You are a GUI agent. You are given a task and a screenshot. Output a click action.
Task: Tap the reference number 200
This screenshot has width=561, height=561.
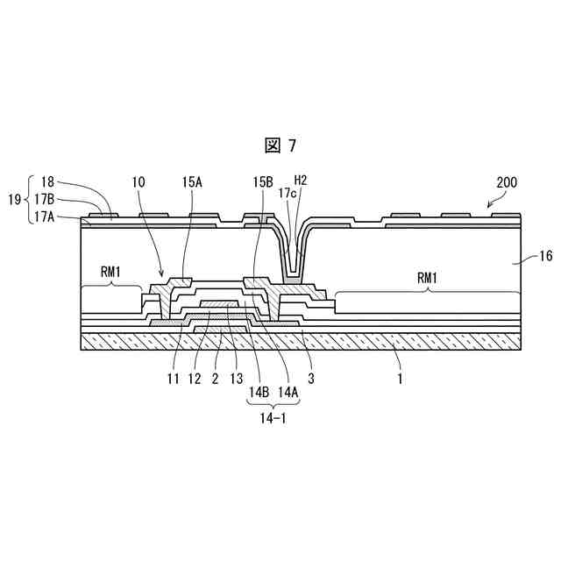pyautogui.click(x=506, y=183)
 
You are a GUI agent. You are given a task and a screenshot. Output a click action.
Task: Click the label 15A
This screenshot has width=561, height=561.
pyautogui.click(x=192, y=182)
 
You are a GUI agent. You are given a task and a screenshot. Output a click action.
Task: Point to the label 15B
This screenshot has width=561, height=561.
pyautogui.click(x=263, y=182)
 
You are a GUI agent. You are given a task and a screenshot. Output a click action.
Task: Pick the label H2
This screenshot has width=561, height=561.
pyautogui.click(x=301, y=181)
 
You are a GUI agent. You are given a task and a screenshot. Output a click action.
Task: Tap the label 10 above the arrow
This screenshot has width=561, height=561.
pyautogui.click(x=139, y=182)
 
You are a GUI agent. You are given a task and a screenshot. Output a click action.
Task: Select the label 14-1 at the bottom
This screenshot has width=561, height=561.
pyautogui.click(x=272, y=418)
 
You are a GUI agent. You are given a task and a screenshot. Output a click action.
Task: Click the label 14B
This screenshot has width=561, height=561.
pyautogui.click(x=258, y=393)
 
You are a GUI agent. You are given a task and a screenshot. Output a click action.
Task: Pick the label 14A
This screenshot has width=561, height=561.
pyautogui.click(x=287, y=393)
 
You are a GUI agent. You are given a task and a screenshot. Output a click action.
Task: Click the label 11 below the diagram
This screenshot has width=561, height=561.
pyautogui.click(x=173, y=379)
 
